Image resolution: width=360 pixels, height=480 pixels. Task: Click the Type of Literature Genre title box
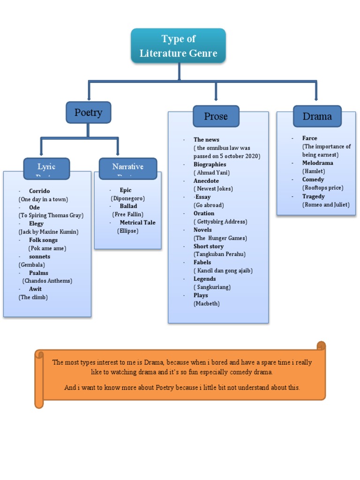tap(178, 45)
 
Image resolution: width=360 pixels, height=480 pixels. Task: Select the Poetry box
tap(88, 112)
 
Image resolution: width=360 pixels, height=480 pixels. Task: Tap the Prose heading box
tap(216, 116)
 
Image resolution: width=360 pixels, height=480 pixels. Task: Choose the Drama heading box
tap(317, 116)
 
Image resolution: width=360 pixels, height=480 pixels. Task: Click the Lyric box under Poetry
tap(46, 168)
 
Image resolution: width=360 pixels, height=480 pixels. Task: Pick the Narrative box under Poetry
tap(128, 168)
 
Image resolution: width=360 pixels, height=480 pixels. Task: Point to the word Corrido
tap(39, 191)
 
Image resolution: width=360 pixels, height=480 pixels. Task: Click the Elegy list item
tap(36, 224)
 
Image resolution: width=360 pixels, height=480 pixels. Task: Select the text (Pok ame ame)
tap(47, 248)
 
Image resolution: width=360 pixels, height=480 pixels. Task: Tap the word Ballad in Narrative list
tap(128, 206)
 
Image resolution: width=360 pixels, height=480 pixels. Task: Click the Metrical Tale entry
tap(137, 223)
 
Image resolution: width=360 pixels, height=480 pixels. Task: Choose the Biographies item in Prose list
tap(210, 165)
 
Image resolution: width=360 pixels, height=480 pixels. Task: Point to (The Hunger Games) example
tap(220, 238)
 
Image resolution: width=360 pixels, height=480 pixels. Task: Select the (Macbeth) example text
tap(207, 304)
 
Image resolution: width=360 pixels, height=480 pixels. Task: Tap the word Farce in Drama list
tap(309, 138)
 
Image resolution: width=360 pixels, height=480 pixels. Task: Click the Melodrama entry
tap(317, 163)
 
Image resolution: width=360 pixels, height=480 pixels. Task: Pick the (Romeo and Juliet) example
tap(326, 205)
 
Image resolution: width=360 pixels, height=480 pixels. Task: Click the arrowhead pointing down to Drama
tap(316, 98)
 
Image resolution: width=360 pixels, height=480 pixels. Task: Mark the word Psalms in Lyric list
tap(38, 273)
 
